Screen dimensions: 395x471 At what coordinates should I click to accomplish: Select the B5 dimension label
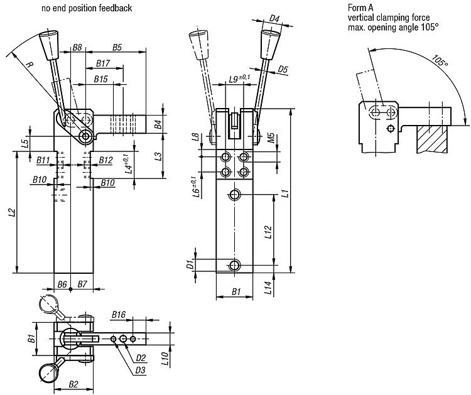click(x=117, y=47)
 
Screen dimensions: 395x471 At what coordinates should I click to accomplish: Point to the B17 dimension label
click(x=104, y=63)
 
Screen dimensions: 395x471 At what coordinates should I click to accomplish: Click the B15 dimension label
click(x=100, y=79)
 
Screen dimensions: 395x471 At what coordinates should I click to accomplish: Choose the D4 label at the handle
click(x=274, y=18)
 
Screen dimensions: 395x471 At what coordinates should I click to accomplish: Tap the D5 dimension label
click(x=283, y=68)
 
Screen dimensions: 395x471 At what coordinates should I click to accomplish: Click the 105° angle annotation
click(x=440, y=62)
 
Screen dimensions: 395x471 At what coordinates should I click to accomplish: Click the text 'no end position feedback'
click(x=87, y=8)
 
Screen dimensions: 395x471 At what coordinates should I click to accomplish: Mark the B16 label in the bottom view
click(x=119, y=314)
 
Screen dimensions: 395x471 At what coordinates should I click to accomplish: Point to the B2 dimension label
click(x=73, y=383)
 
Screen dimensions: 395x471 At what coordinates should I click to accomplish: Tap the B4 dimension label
click(x=159, y=123)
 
